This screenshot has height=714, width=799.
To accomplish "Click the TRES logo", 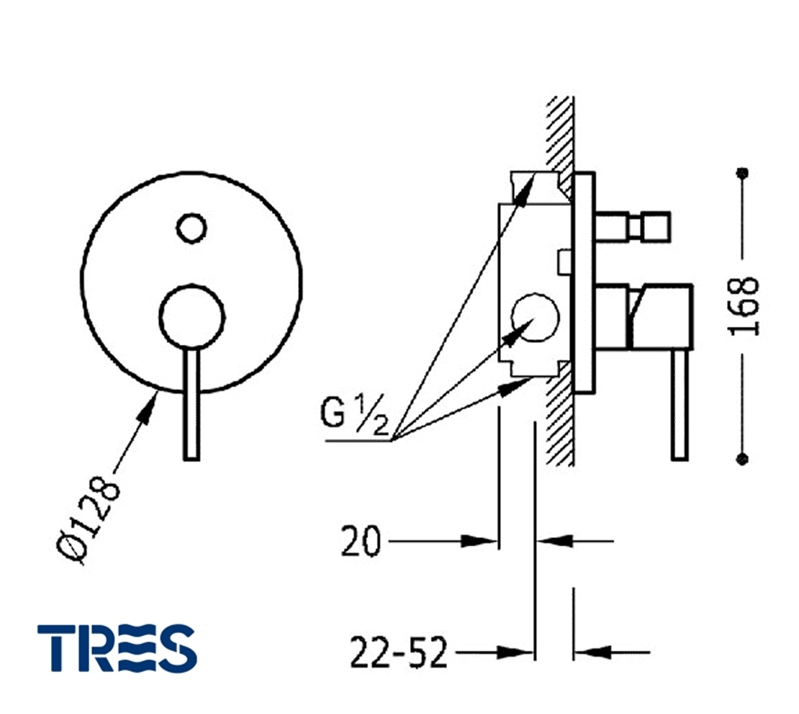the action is click(x=117, y=648).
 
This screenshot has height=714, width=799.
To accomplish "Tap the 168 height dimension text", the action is click(x=743, y=305).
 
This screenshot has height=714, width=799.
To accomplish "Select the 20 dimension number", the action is click(x=360, y=541).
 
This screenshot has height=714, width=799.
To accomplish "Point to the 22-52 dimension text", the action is click(x=399, y=652).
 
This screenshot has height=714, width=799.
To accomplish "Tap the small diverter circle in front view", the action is click(x=191, y=228).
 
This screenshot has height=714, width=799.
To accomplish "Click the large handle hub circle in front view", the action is click(x=191, y=317).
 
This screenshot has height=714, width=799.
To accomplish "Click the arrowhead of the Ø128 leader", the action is click(x=147, y=408).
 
